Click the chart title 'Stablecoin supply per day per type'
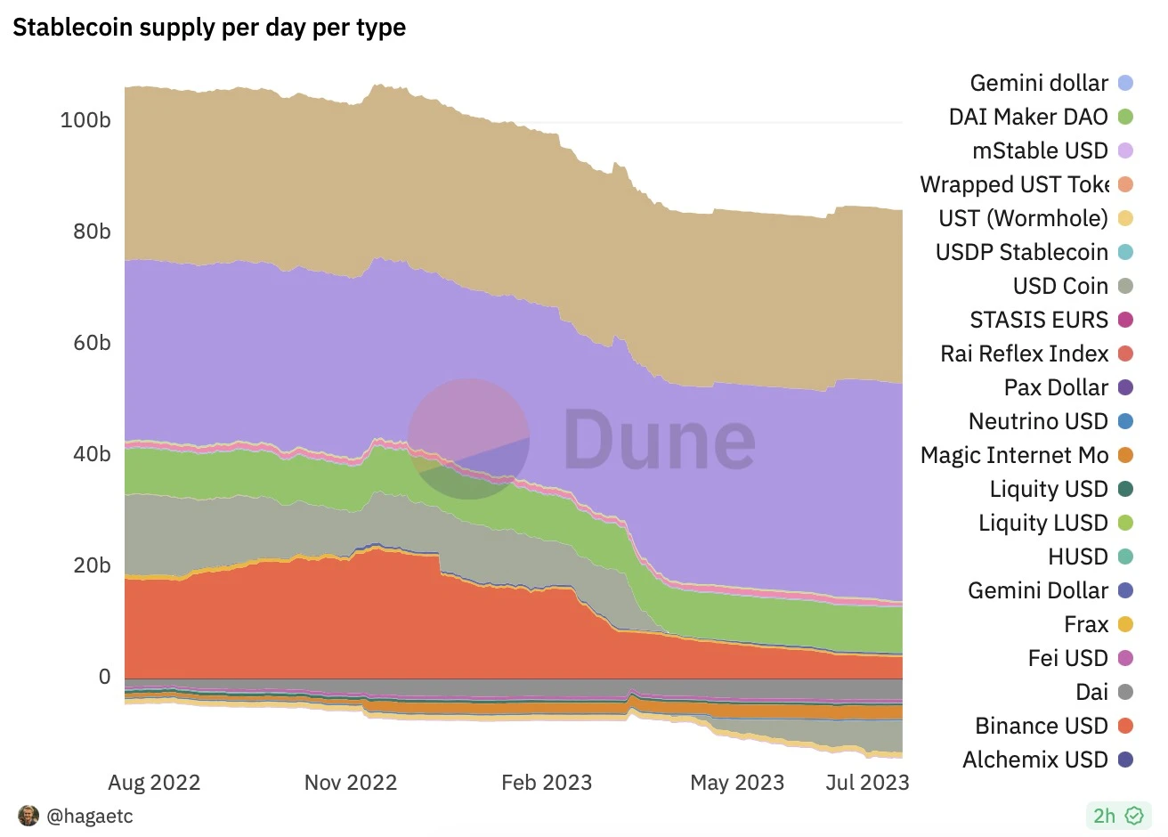click(x=209, y=28)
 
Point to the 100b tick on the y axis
click(x=85, y=119)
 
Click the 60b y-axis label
click(x=92, y=343)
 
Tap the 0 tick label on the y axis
click(x=104, y=677)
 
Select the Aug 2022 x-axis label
click(x=154, y=783)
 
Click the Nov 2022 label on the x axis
click(x=351, y=783)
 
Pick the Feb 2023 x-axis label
click(x=547, y=783)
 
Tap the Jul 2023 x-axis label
click(x=867, y=783)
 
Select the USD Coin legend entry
click(x=1060, y=286)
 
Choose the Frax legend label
click(x=1086, y=624)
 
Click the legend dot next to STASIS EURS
click(x=1125, y=320)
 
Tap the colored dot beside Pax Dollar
click(x=1125, y=387)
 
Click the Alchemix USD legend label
click(x=1034, y=760)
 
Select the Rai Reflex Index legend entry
click(x=1024, y=353)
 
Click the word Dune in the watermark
click(x=659, y=439)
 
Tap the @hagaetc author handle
click(x=90, y=816)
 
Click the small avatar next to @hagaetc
click(x=28, y=816)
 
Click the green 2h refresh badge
click(x=1117, y=816)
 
